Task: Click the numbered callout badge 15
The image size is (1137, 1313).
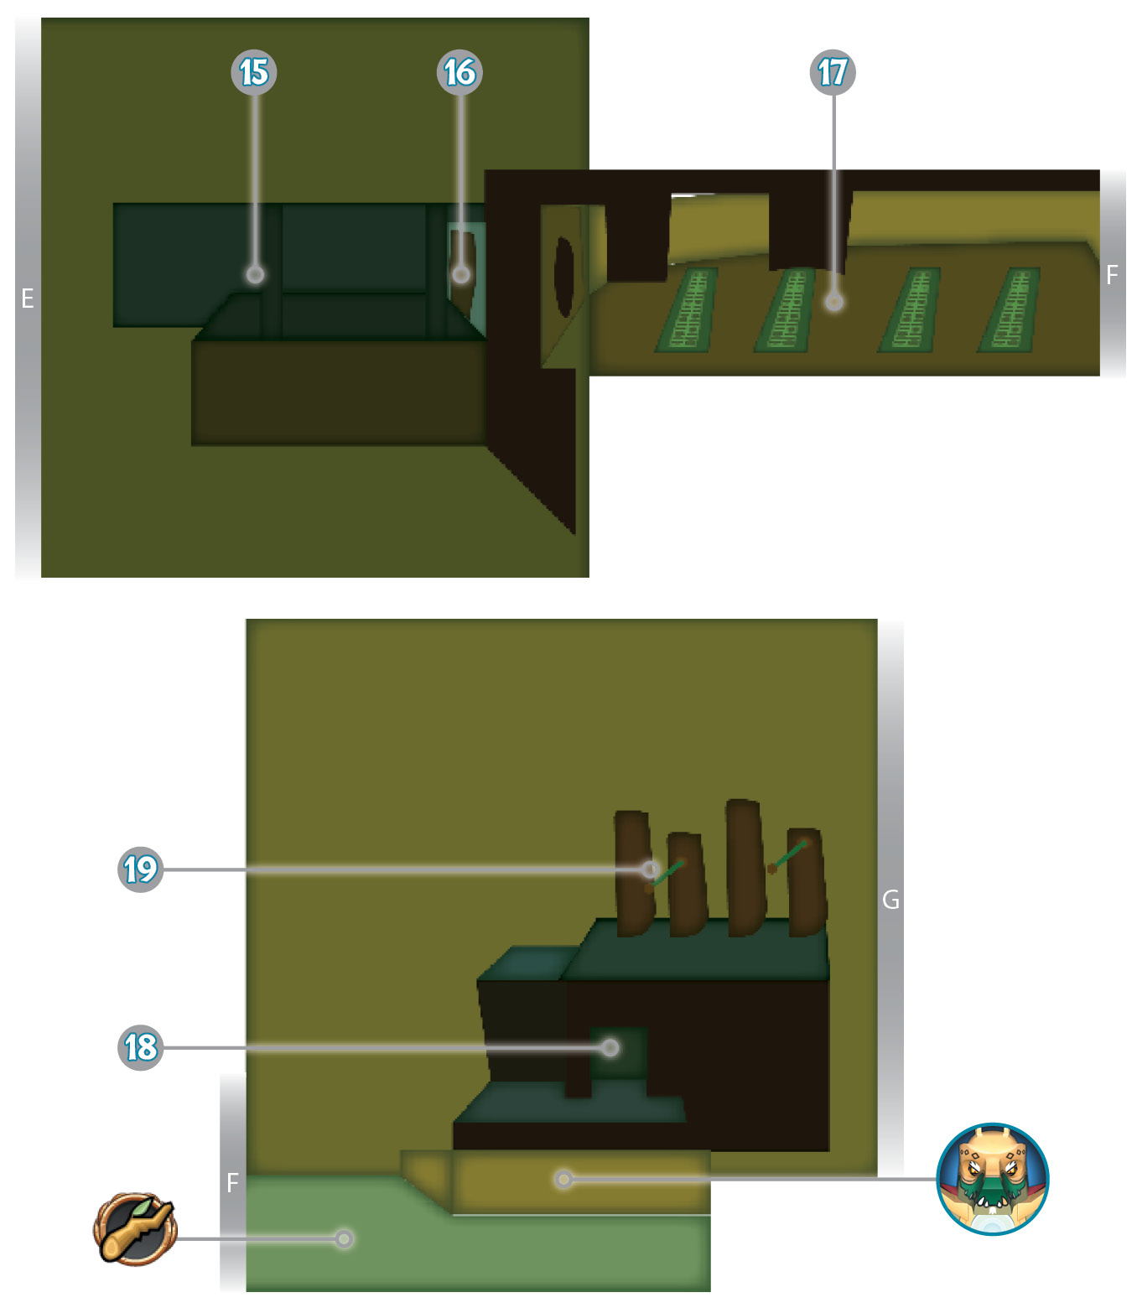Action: click(253, 72)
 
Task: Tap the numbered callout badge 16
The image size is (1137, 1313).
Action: click(459, 72)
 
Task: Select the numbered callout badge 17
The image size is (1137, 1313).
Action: click(832, 72)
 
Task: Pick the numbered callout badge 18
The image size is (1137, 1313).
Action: click(140, 1047)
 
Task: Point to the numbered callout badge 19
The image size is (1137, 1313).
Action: click(140, 869)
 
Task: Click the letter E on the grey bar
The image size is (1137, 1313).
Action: click(28, 298)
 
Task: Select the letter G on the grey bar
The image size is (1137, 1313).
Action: click(890, 900)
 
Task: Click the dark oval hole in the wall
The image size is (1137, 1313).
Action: click(564, 277)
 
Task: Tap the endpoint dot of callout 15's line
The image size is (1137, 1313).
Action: click(255, 274)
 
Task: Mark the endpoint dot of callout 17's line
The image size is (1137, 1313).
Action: click(834, 302)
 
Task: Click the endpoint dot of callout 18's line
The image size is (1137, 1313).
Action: click(610, 1047)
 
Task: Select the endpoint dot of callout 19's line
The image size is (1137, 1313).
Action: click(650, 869)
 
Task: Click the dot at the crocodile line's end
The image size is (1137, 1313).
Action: click(563, 1179)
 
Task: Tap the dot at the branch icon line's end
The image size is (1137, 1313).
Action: click(344, 1238)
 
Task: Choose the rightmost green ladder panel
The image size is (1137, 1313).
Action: click(1009, 309)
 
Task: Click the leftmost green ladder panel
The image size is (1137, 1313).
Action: click(687, 309)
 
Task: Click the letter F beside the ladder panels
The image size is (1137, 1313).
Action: click(1112, 274)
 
